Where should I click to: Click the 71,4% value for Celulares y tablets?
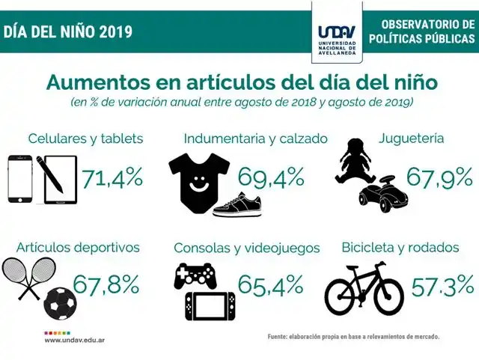(112, 178)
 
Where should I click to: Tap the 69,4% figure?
(271, 177)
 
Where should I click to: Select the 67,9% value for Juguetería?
(439, 177)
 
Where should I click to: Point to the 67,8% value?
(107, 284)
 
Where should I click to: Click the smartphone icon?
(20, 180)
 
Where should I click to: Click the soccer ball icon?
(60, 302)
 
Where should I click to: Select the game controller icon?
(195, 276)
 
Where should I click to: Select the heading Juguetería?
(412, 138)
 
